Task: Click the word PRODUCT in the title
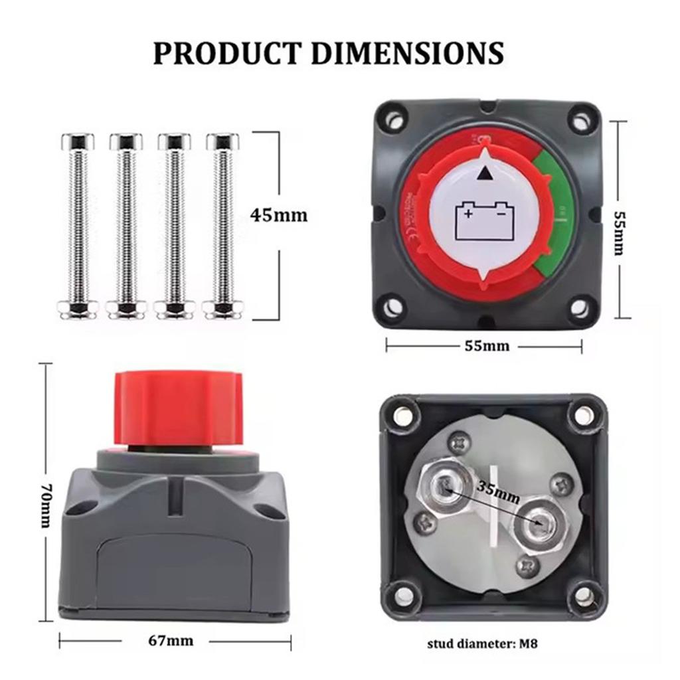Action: point(225,52)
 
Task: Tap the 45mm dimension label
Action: point(279,215)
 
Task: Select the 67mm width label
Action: point(171,640)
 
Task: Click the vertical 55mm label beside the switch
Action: point(618,234)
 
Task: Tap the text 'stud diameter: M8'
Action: point(487,643)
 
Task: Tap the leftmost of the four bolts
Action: point(78,226)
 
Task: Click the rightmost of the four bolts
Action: point(222,226)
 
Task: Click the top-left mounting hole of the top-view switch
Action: point(394,121)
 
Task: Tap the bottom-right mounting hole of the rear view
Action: point(582,594)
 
